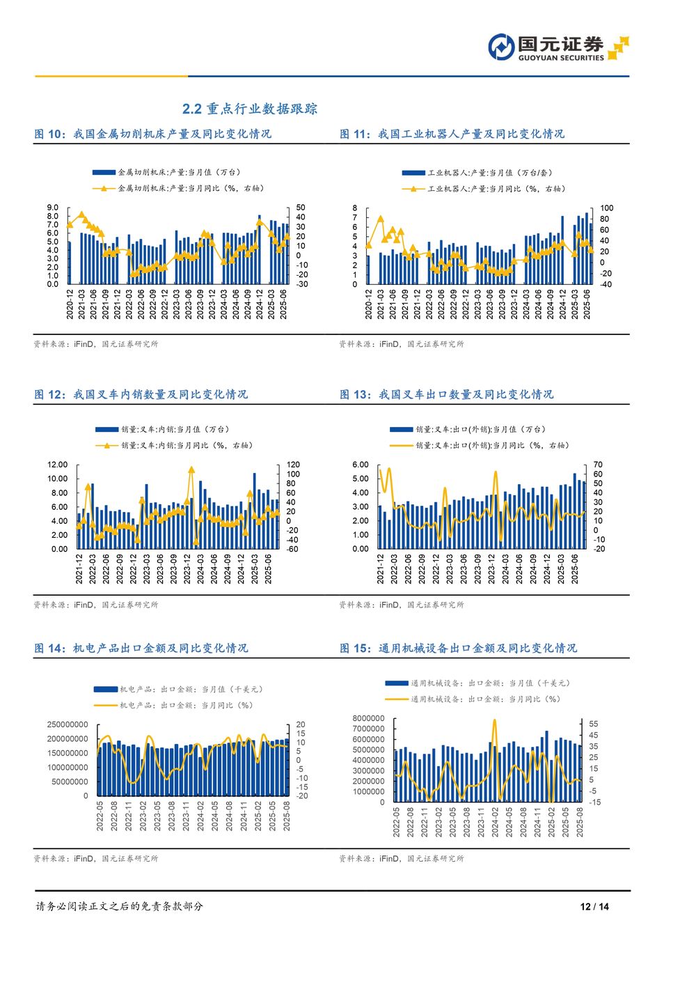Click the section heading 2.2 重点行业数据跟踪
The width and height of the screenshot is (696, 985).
249,109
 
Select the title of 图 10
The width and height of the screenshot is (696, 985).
152,134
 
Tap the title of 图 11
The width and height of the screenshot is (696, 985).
452,134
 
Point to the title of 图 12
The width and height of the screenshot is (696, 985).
141,394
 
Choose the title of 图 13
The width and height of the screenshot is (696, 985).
446,394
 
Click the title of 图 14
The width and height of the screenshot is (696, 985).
141,648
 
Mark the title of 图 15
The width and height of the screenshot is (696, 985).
458,648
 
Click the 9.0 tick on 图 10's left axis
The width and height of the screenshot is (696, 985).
53,208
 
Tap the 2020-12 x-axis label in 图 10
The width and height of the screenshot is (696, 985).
70,304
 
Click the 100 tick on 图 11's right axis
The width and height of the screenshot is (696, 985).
606,208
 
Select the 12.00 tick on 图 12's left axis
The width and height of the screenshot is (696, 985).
57,465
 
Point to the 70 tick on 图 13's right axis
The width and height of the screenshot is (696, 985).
598,465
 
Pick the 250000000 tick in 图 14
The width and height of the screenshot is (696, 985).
68,724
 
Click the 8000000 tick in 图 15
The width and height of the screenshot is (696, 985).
368,718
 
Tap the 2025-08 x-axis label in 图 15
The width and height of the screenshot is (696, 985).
580,822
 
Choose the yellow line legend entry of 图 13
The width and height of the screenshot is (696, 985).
480,445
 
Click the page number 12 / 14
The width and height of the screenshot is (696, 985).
594,906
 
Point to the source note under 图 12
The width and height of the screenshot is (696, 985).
96,605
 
